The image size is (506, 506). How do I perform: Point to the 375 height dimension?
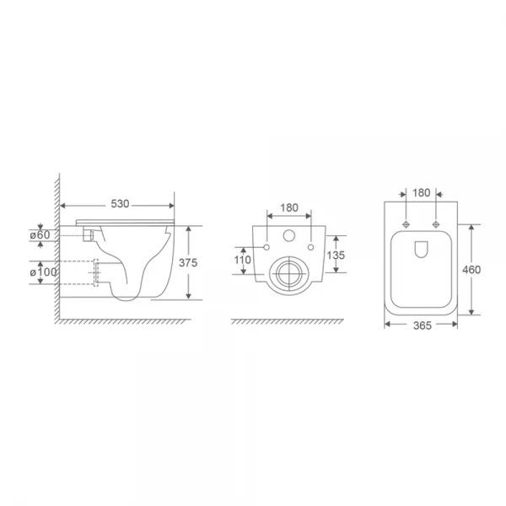click(x=189, y=263)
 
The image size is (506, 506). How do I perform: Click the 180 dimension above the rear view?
click(x=289, y=206)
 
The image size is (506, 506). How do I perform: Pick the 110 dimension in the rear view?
click(x=243, y=261)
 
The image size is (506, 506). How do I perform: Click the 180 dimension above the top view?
click(x=421, y=193)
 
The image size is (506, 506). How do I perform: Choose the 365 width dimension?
click(x=421, y=326)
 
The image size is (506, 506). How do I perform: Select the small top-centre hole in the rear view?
click(x=289, y=236)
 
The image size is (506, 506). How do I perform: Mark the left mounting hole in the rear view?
click(x=266, y=247)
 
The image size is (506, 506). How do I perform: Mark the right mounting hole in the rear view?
click(x=312, y=247)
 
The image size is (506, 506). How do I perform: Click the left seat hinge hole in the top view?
click(x=407, y=224)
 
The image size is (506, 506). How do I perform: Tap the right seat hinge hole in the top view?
click(x=435, y=224)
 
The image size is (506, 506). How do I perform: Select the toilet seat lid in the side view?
click(x=126, y=222)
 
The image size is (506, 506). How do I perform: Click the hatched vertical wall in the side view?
click(x=57, y=253)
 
